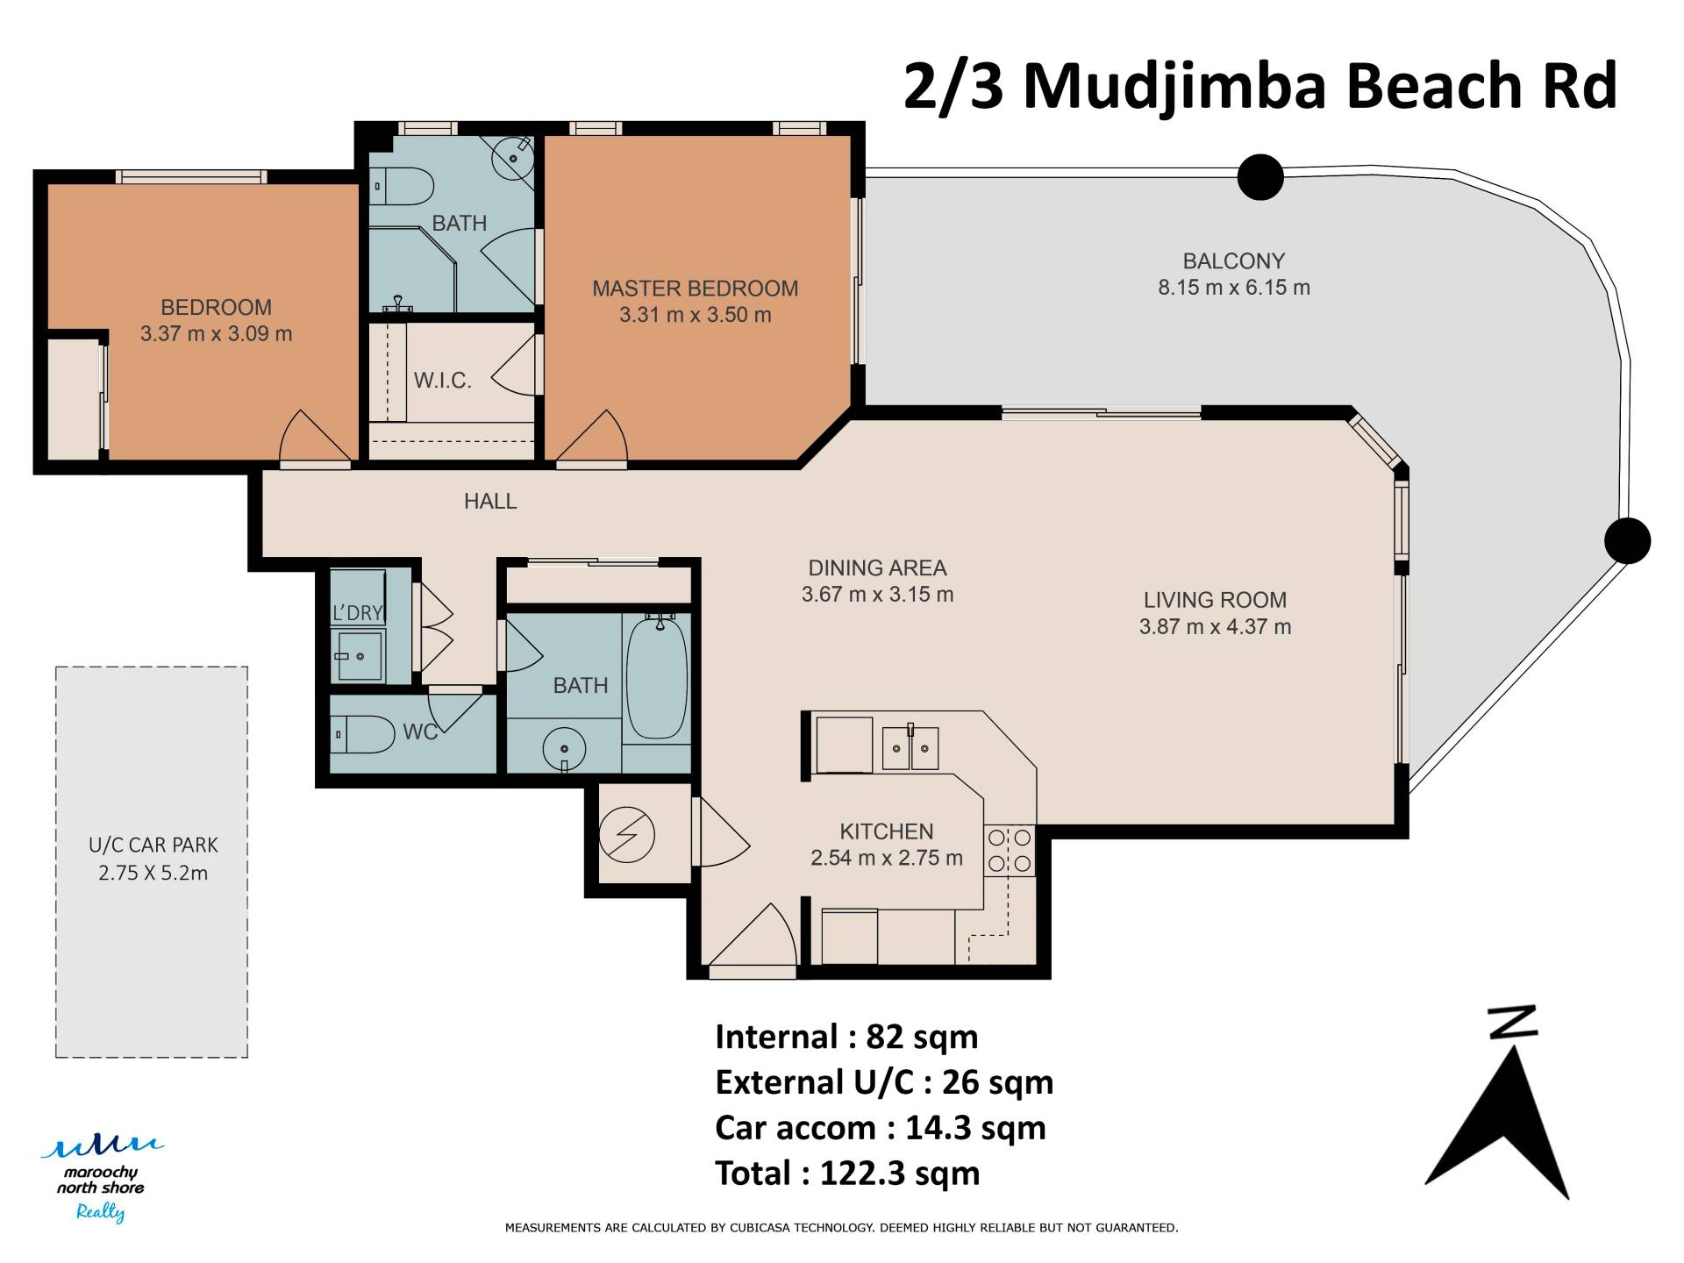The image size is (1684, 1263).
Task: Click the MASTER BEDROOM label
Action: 695,289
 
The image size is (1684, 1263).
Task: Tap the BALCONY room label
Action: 1233,261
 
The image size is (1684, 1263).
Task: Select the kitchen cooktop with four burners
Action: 1010,851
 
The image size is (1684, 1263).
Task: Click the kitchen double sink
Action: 910,748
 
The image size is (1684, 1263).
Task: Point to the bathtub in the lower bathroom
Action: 657,677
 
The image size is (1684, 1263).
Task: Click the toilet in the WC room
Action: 363,734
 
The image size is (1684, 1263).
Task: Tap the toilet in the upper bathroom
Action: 403,186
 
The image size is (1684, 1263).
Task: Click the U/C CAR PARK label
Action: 153,846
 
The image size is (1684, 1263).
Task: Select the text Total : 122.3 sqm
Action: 847,1174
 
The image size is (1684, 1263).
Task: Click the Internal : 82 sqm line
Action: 846,1037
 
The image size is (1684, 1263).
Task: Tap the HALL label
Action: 490,502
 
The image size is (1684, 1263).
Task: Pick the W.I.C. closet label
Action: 443,381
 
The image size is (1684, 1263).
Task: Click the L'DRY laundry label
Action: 358,613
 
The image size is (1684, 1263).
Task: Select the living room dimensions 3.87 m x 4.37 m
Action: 1215,627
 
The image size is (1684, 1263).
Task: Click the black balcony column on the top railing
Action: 1260,177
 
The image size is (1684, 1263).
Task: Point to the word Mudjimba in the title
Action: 1176,88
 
